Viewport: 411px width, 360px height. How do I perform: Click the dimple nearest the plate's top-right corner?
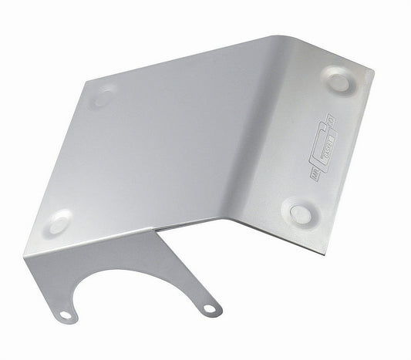[x=338, y=79]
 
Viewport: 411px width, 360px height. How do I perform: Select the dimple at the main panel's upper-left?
[x=103, y=96]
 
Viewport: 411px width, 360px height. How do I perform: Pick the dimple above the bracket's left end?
[x=58, y=222]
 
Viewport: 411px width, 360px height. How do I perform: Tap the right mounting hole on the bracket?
[x=207, y=309]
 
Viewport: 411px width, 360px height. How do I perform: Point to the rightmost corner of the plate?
[x=374, y=73]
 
